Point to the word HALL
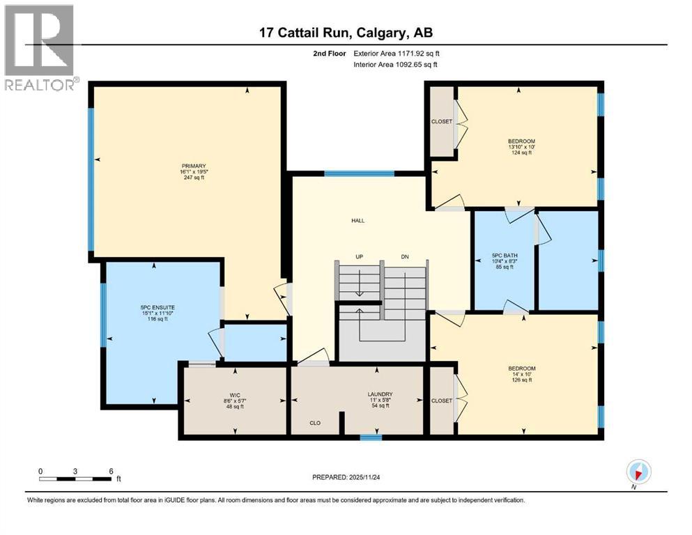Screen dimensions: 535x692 click(x=357, y=221)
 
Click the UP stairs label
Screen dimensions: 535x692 click(x=360, y=257)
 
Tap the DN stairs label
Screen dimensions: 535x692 click(x=404, y=257)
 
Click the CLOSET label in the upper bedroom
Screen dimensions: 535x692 click(x=442, y=121)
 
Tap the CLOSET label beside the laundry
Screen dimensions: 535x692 click(x=442, y=401)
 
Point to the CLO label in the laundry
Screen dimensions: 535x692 click(x=316, y=423)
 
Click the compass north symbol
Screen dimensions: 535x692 click(x=638, y=472)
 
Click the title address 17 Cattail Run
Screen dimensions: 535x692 click(x=346, y=33)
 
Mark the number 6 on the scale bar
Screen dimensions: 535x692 click(x=111, y=470)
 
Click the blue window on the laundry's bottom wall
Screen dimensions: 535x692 click(x=371, y=437)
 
